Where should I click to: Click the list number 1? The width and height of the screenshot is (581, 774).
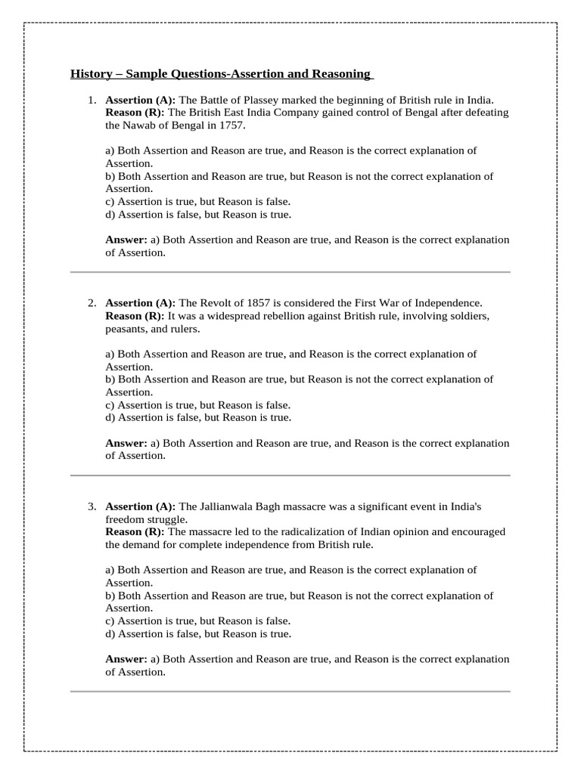pyautogui.click(x=91, y=100)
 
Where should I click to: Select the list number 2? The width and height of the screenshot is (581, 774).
pyautogui.click(x=91, y=303)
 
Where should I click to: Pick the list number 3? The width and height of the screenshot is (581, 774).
pyautogui.click(x=91, y=506)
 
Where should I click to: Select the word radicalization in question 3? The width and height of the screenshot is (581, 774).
pyautogui.click(x=287, y=532)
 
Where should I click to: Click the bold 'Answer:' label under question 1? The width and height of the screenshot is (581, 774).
pyautogui.click(x=126, y=240)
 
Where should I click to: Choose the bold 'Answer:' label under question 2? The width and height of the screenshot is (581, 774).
pyautogui.click(x=126, y=444)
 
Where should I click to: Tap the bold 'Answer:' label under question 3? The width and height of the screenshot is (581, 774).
pyautogui.click(x=126, y=659)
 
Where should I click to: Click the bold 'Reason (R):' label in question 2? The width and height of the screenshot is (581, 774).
pyautogui.click(x=135, y=316)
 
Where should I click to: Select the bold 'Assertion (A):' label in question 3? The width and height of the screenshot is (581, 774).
pyautogui.click(x=140, y=506)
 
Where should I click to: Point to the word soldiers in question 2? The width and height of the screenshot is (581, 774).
pyautogui.click(x=471, y=316)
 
